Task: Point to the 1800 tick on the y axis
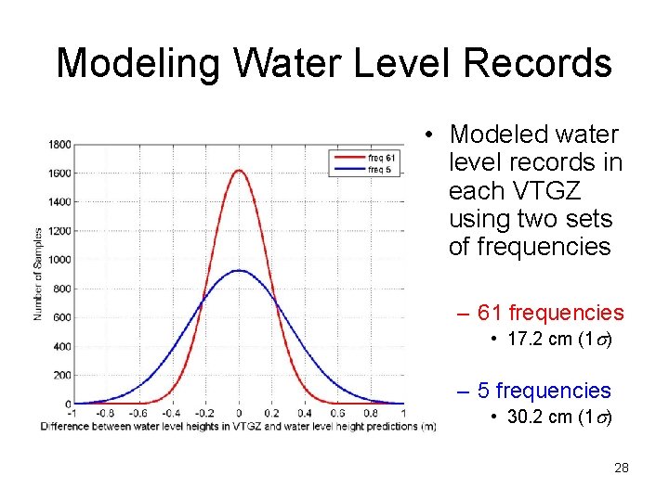point(60,144)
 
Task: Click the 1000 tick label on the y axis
point(60,260)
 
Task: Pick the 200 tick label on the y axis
point(63,375)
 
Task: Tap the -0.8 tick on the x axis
point(106,414)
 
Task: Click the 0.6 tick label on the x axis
point(339,414)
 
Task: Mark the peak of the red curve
point(239,170)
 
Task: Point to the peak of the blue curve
point(239,271)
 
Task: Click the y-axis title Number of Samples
point(38,274)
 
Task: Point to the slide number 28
point(622,468)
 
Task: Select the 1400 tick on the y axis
point(60,201)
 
